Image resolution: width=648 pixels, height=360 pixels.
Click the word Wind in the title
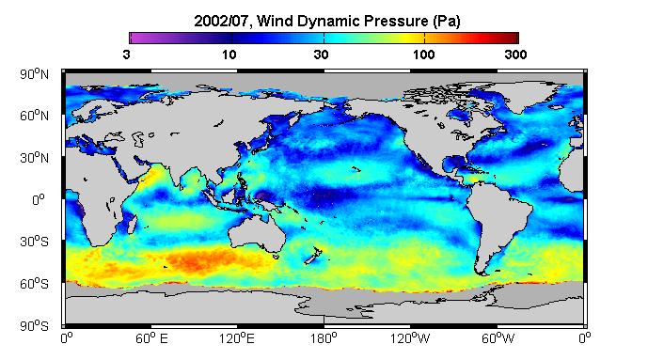click(274, 21)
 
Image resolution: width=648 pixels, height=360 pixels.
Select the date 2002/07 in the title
click(222, 21)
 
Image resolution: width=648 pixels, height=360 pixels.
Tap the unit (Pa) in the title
click(447, 21)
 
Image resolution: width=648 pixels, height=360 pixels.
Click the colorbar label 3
click(126, 55)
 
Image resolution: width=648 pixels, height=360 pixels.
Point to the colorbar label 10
click(229, 55)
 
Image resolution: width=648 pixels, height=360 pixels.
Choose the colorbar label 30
click(321, 55)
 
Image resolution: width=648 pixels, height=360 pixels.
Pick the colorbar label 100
click(423, 55)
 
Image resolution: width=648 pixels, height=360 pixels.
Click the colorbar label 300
click(515, 55)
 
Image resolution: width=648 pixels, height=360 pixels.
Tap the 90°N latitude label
click(34, 74)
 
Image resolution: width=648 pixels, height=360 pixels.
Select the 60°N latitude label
click(34, 116)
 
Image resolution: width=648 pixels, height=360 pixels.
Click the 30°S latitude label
click(34, 242)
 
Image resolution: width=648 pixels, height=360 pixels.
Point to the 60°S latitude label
click(34, 284)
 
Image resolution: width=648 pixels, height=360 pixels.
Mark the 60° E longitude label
click(151, 339)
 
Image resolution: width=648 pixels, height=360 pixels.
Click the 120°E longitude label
click(237, 339)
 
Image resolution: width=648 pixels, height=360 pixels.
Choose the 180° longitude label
click(324, 339)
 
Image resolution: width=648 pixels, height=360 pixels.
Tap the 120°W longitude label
click(410, 339)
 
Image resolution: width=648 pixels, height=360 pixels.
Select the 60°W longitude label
click(498, 339)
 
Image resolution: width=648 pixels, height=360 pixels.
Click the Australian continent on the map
click(257, 233)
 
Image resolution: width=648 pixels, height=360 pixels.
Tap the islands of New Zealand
click(313, 256)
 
